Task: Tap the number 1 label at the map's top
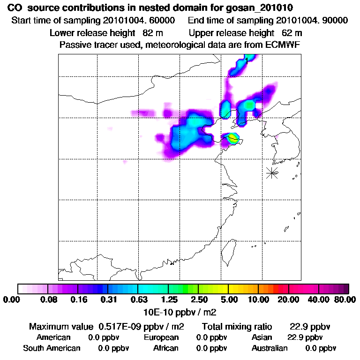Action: click(247, 60)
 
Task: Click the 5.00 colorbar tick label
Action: click(228, 300)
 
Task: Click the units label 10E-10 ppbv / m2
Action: click(180, 311)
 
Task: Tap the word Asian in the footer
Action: click(262, 337)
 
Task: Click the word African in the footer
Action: click(166, 348)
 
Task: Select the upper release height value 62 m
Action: click(292, 33)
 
